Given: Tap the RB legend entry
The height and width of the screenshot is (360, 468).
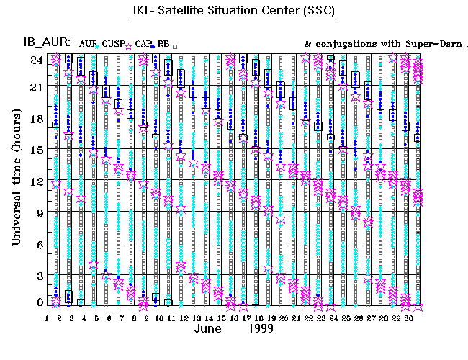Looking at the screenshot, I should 163,45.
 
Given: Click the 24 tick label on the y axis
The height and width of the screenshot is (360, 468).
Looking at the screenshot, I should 36,60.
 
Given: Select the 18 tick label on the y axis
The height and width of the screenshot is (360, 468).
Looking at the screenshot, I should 36,119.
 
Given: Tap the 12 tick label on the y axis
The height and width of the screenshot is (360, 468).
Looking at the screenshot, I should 36,181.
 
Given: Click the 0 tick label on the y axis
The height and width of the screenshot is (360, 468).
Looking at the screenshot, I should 39,302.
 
